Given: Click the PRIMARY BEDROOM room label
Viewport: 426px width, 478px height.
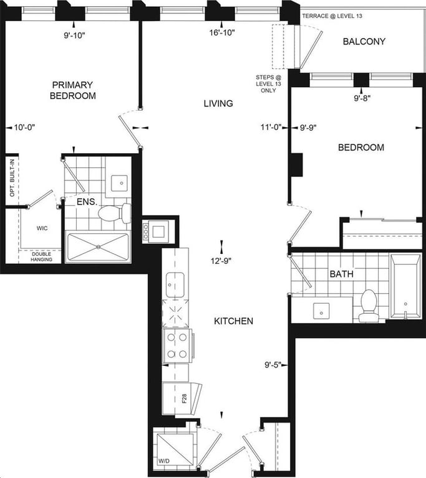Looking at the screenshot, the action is [73, 90].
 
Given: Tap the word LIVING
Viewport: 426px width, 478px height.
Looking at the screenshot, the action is [218, 103].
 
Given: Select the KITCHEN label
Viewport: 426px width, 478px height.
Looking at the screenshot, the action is [233, 321].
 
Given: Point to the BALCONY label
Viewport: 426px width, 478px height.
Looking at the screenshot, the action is [364, 42].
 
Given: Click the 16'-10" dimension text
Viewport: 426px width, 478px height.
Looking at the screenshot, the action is [222, 32].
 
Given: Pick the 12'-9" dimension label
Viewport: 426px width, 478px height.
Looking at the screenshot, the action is [221, 261].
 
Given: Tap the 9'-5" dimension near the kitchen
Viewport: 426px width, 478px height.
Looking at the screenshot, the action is [273, 365].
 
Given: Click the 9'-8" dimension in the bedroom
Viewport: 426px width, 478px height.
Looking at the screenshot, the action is [362, 98].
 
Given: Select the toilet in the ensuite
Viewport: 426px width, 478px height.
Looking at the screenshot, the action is [115, 213].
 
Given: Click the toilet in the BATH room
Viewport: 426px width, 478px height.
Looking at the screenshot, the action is [368, 306].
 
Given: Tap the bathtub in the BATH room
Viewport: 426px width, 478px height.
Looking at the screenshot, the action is [405, 286].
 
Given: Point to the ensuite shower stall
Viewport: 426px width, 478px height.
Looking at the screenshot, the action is [98, 247].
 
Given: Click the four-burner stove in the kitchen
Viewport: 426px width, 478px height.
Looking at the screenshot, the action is [177, 345].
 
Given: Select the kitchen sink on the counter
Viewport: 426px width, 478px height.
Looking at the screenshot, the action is [175, 284].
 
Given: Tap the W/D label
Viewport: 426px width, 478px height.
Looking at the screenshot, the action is [164, 461].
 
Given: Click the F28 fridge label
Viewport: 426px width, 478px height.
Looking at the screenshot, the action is [184, 398].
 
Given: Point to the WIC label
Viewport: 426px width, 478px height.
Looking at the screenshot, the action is [42, 228].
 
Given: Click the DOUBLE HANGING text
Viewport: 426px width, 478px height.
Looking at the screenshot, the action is [42, 256].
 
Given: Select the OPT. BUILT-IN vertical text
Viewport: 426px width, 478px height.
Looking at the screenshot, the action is [12, 178].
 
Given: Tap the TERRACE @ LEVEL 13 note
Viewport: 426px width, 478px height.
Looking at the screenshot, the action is [332, 16].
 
